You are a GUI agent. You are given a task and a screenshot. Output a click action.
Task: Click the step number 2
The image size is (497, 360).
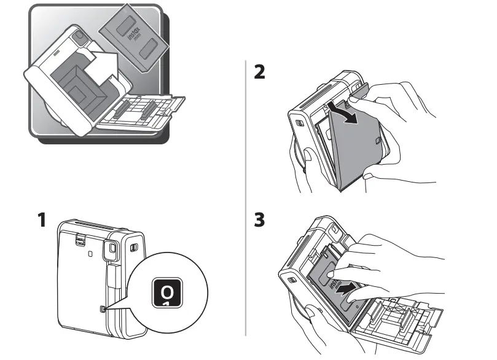[260, 72]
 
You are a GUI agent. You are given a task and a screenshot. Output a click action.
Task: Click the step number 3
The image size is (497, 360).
[260, 220]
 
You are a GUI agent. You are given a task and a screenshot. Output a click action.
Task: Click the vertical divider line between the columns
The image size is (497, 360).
[246, 197]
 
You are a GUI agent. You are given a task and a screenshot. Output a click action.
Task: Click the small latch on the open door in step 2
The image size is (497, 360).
[376, 143]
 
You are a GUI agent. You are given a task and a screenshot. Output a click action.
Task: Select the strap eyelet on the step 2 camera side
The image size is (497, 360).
[299, 123]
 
